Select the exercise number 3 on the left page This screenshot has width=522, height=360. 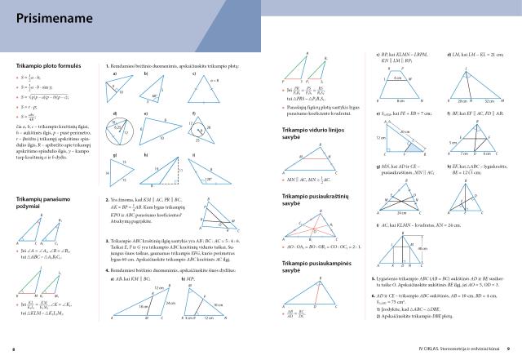click(x=108, y=241)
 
